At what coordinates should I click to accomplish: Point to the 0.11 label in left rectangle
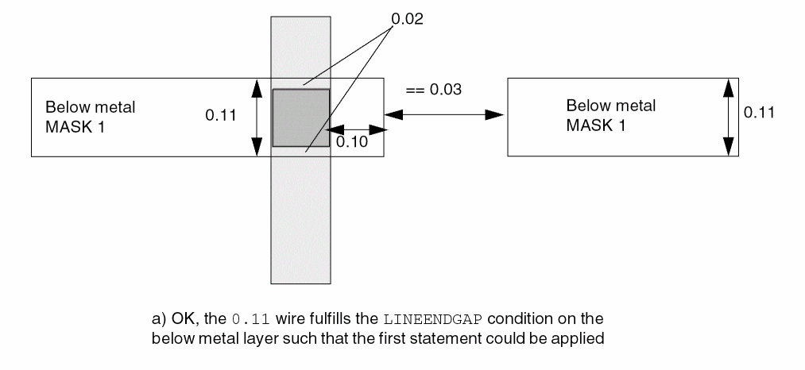[221, 116]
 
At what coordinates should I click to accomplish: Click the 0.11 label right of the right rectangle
[759, 113]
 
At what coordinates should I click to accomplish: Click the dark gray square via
[300, 118]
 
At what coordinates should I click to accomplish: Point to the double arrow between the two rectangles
[445, 115]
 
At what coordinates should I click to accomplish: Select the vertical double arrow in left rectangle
[257, 118]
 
